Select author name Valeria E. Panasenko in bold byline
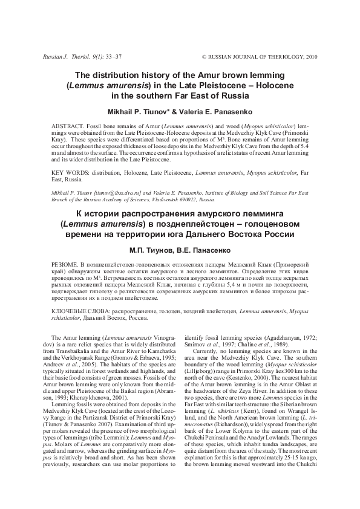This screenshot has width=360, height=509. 214,112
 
